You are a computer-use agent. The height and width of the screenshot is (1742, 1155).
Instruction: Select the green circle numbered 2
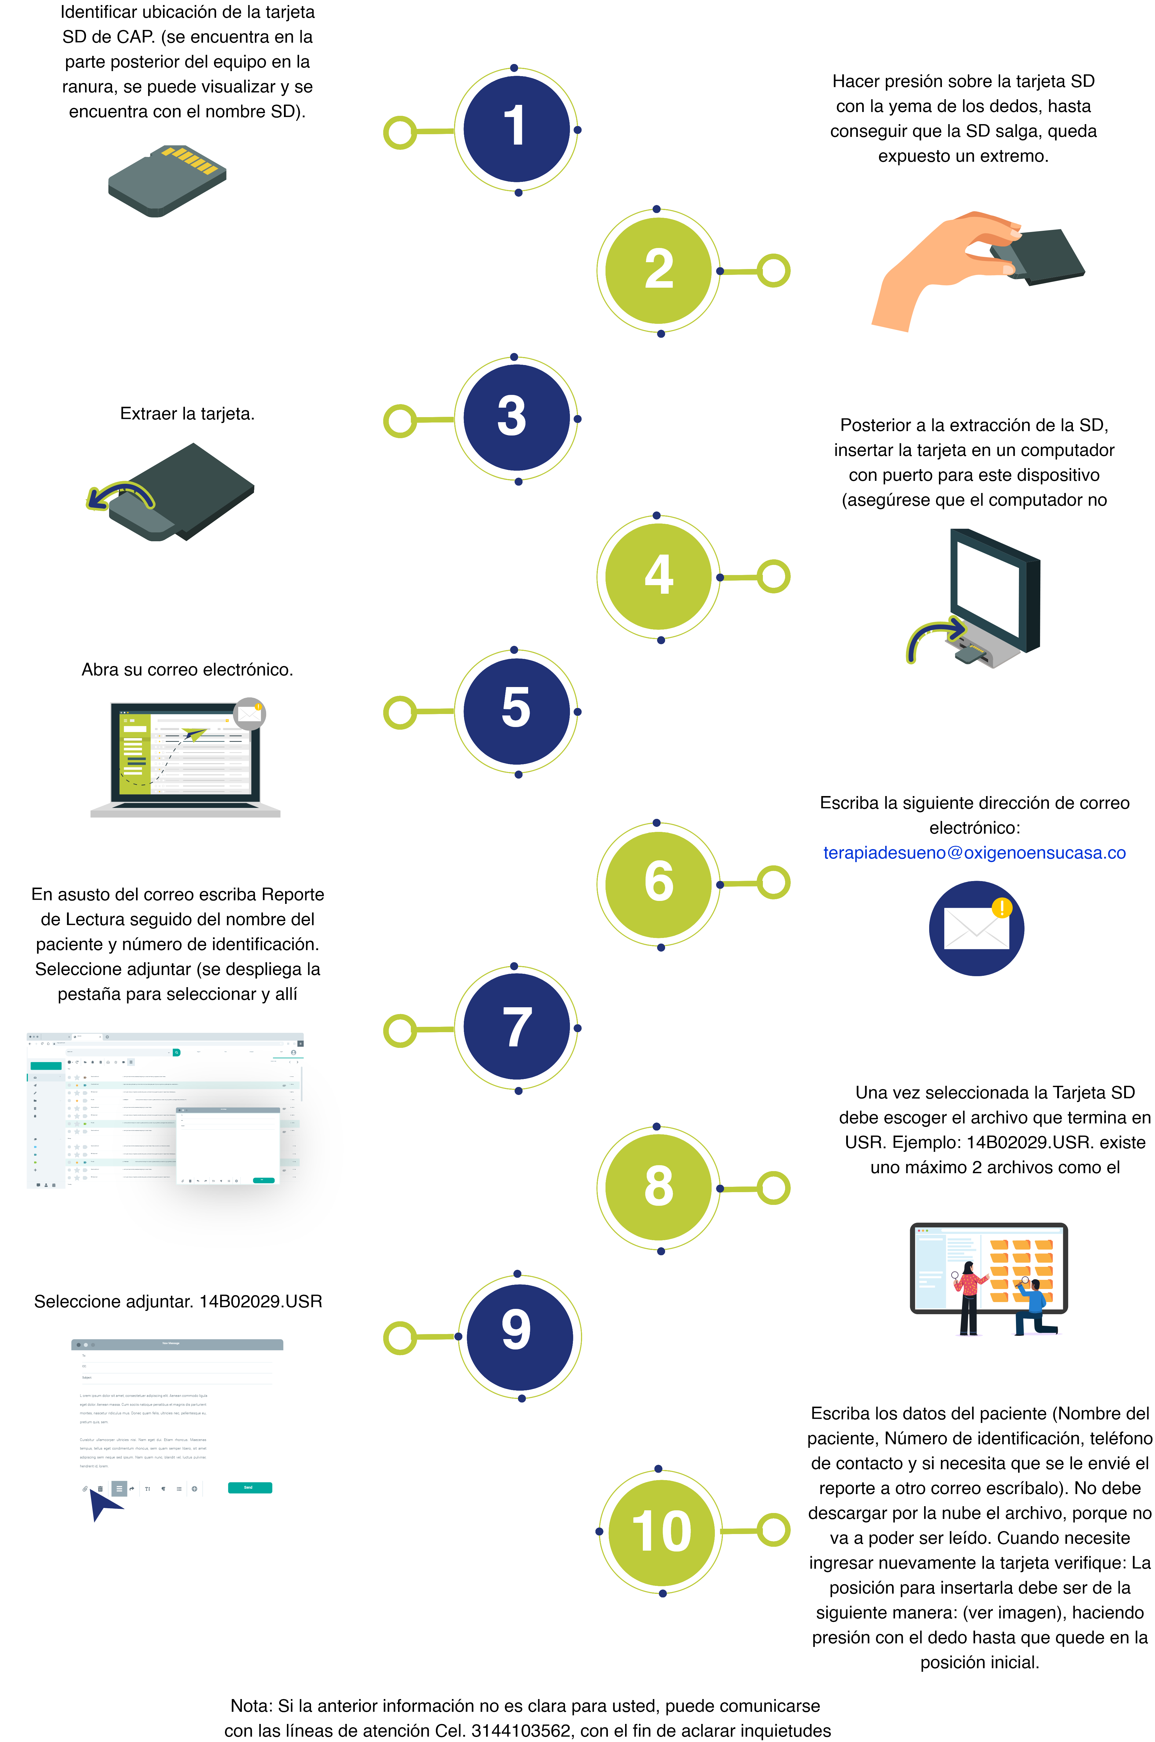659,270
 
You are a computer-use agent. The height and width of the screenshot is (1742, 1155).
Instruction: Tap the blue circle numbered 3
516,418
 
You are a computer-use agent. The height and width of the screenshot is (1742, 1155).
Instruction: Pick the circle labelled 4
659,577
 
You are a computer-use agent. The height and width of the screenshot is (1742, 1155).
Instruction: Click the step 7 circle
516,1028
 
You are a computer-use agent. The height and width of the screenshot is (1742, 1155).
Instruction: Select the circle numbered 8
659,1188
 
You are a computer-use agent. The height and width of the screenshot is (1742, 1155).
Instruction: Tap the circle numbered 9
519,1336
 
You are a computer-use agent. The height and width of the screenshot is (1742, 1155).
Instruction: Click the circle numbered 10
661,1531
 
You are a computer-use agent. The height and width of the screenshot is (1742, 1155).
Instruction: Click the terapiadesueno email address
974,853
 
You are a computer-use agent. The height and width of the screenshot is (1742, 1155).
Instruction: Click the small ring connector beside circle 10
774,1530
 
